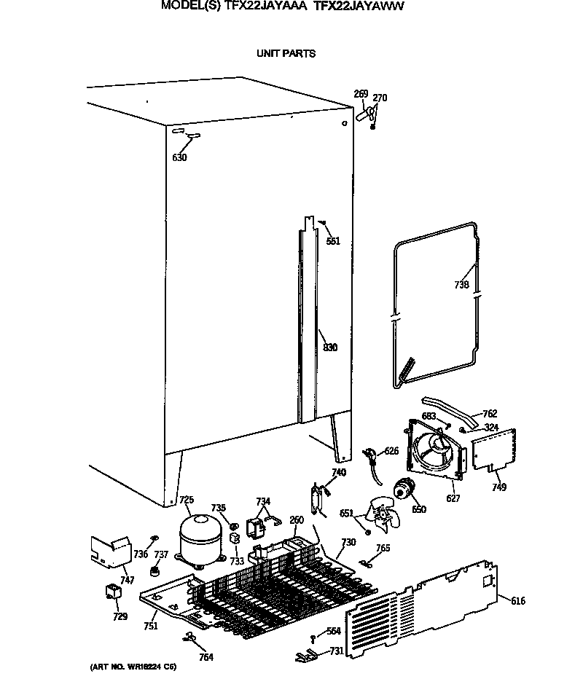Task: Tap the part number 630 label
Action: pos(179,158)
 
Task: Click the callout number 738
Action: pos(461,286)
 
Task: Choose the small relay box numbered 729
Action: pos(113,593)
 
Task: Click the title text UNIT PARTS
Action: pos(286,54)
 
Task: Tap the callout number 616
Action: pos(518,601)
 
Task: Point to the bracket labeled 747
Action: pos(106,552)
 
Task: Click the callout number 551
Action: pos(333,241)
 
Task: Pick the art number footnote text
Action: pos(133,667)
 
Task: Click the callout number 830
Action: pos(330,348)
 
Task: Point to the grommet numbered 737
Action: pos(154,571)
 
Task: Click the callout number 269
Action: pos(361,94)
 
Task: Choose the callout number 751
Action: pos(150,626)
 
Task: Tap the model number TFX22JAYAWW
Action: pos(359,5)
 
